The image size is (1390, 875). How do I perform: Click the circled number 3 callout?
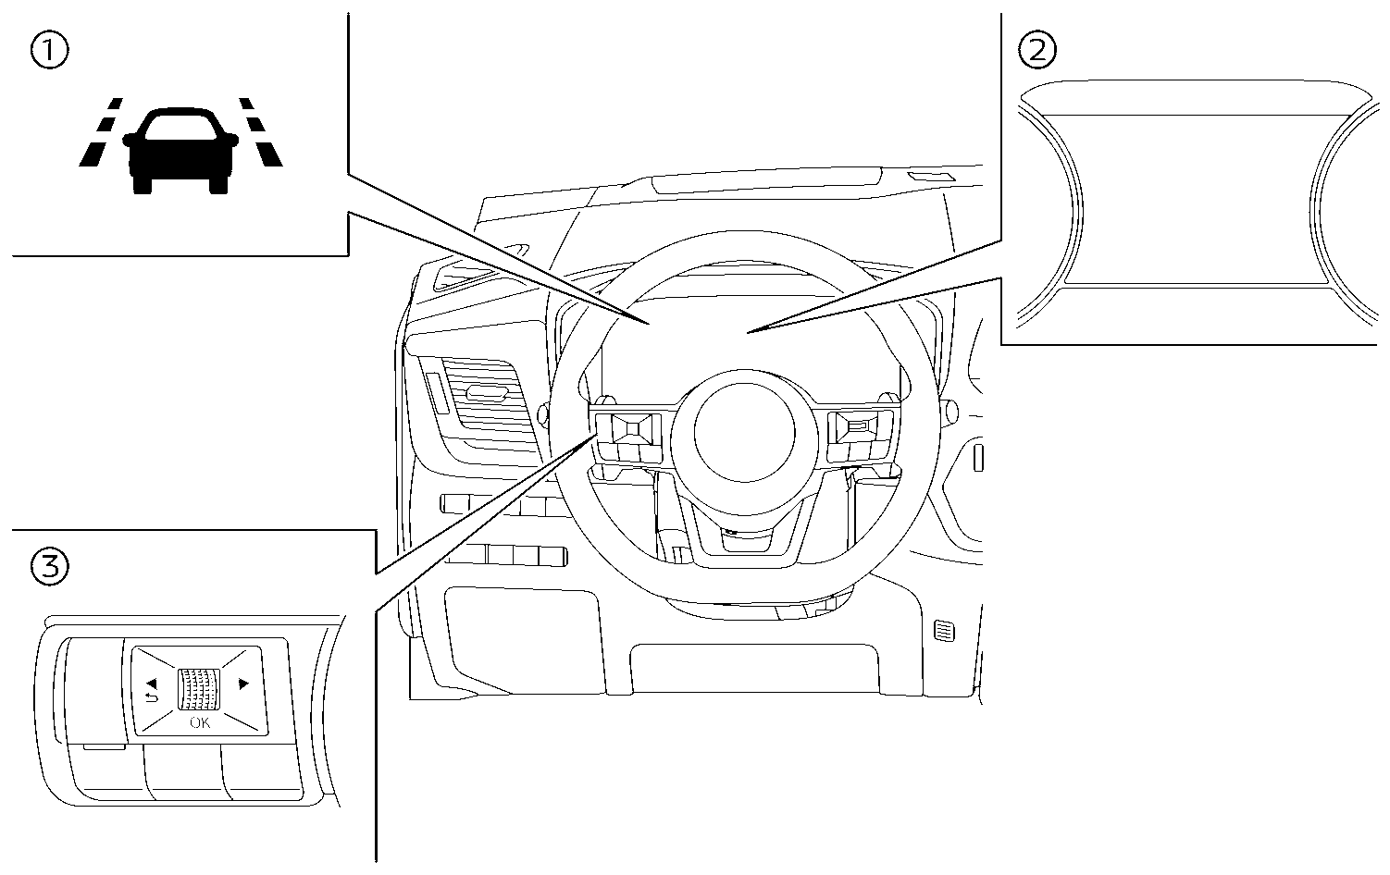click(x=49, y=566)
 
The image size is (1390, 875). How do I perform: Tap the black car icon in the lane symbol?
click(x=180, y=148)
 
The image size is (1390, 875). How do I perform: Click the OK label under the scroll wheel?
click(x=200, y=722)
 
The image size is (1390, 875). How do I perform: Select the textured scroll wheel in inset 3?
click(x=200, y=689)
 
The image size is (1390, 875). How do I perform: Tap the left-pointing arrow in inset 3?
click(x=150, y=684)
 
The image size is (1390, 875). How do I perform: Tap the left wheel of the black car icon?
click(x=142, y=184)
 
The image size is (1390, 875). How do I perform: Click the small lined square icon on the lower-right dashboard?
click(x=944, y=632)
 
